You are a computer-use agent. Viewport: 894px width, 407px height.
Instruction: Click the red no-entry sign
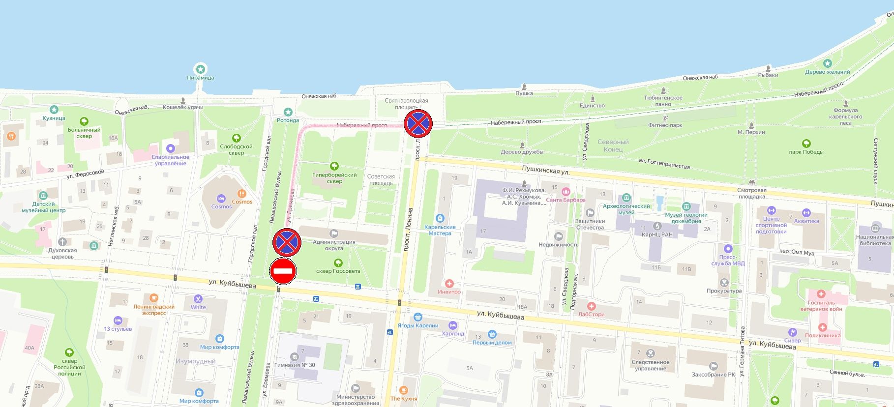283,271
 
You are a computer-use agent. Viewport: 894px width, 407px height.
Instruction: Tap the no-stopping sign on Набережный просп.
418,123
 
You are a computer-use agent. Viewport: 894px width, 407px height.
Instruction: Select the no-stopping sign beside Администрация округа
287,242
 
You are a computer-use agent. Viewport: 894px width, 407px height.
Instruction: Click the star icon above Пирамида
200,69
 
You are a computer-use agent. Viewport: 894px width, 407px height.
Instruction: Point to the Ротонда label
288,120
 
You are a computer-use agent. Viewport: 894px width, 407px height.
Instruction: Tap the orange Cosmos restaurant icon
241,194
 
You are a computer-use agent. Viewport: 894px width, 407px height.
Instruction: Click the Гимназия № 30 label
295,365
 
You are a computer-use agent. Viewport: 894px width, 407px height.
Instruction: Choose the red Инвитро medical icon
449,284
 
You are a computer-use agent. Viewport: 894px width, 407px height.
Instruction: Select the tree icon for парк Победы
806,144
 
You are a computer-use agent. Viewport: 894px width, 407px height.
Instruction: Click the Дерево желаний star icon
827,63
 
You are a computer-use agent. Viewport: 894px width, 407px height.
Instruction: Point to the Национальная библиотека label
875,240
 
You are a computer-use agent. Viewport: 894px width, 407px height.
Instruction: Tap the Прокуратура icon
724,283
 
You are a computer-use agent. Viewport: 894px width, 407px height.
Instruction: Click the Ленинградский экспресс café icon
153,298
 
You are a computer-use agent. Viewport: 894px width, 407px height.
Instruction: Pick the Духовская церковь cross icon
62,242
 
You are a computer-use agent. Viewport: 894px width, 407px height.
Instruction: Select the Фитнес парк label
665,125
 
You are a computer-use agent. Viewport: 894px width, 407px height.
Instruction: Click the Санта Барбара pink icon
566,192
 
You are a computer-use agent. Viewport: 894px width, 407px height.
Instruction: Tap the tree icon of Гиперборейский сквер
334,166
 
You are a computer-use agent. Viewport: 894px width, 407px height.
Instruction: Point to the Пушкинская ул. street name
545,171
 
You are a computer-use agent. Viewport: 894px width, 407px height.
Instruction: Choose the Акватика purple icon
806,213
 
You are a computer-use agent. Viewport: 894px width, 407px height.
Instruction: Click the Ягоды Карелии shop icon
417,317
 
